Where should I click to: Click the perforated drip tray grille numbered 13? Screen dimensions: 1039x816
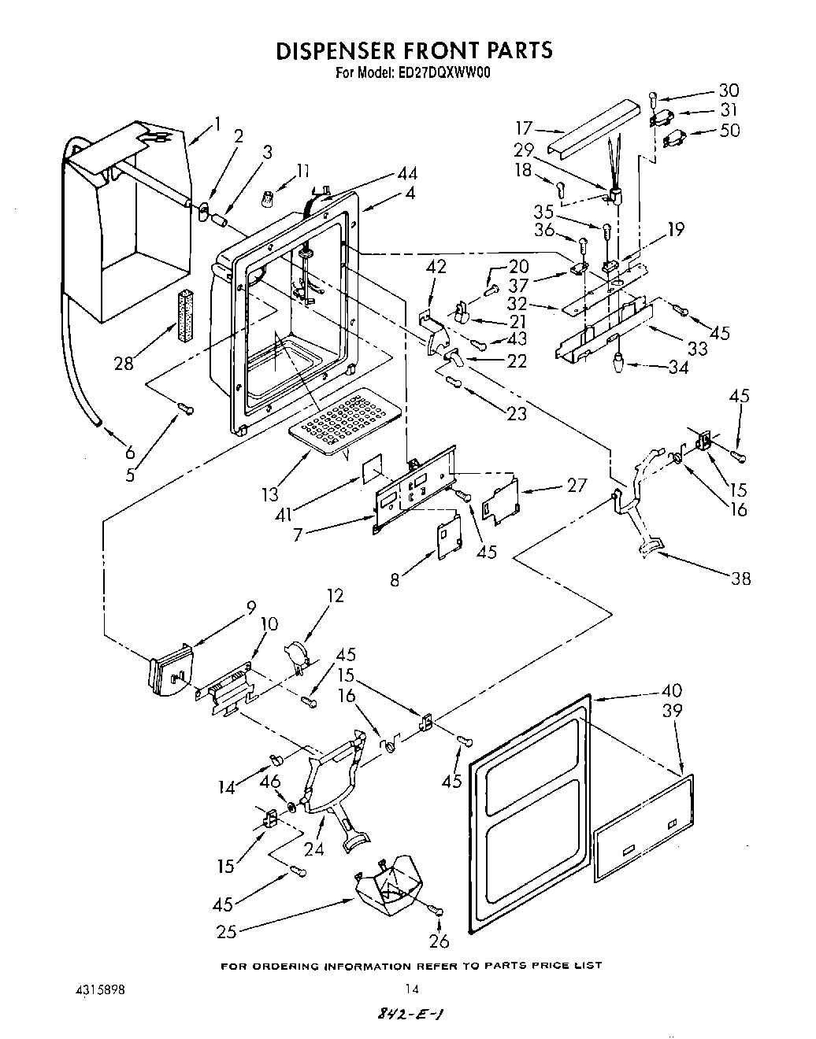333,421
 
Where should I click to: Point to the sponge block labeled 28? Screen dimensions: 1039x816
186,316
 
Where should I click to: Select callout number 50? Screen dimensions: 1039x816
729,131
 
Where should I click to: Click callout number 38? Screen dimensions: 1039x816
740,579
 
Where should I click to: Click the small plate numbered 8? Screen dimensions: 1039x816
448,541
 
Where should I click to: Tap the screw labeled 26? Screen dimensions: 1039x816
438,911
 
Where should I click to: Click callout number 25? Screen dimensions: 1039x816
226,933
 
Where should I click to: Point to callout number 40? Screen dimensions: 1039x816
673,691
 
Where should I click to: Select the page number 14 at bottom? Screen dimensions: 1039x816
408,990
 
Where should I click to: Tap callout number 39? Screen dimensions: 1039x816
673,711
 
